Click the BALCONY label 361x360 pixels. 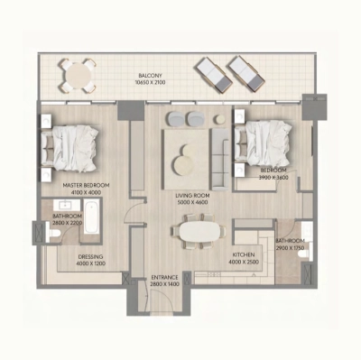click(x=150, y=75)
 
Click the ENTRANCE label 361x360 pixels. click(x=164, y=276)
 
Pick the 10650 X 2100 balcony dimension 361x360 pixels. click(x=150, y=82)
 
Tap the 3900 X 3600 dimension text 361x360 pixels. click(x=273, y=178)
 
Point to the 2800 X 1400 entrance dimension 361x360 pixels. click(x=164, y=284)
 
